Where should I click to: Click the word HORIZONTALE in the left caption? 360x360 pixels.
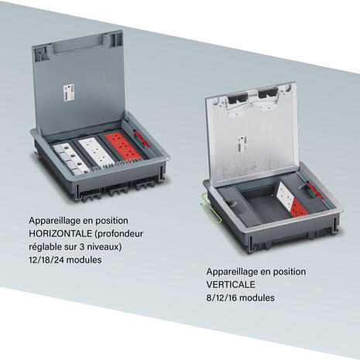[x=60, y=234]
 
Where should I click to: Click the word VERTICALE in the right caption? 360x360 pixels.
[x=231, y=284]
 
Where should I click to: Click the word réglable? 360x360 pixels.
[x=45, y=247]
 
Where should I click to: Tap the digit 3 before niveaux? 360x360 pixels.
[x=82, y=247]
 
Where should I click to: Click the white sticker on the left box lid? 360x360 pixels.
[x=69, y=92]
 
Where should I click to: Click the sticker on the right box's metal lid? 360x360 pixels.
[x=242, y=144]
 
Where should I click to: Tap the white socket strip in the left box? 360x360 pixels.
[x=96, y=153]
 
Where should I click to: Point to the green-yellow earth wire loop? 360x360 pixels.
[x=211, y=207]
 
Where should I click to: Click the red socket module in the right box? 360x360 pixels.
[x=299, y=207]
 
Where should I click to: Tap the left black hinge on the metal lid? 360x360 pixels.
[x=238, y=99]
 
